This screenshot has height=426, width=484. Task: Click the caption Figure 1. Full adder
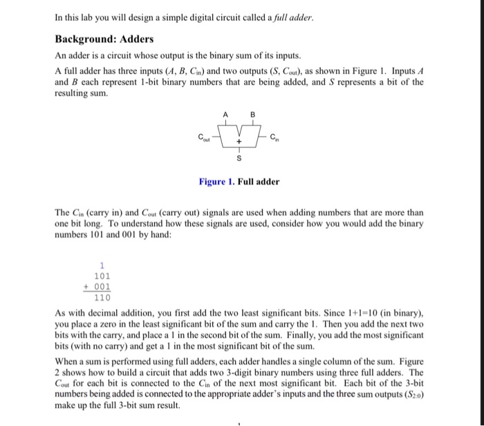[x=239, y=182]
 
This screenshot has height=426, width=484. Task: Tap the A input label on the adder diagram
[x=225, y=115]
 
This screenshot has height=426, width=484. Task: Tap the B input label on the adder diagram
[x=252, y=115]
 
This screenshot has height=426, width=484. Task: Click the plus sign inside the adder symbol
[x=239, y=141]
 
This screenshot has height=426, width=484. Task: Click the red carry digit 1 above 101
[x=102, y=265]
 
